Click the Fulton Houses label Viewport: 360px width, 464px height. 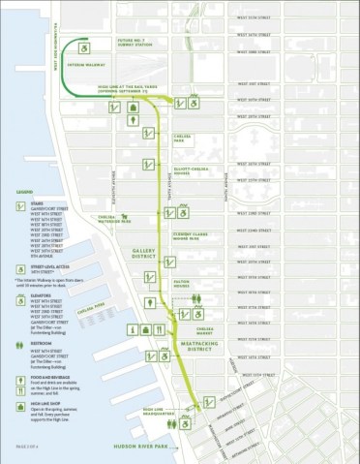182,285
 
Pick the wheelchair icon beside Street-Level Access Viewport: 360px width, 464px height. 21,271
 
